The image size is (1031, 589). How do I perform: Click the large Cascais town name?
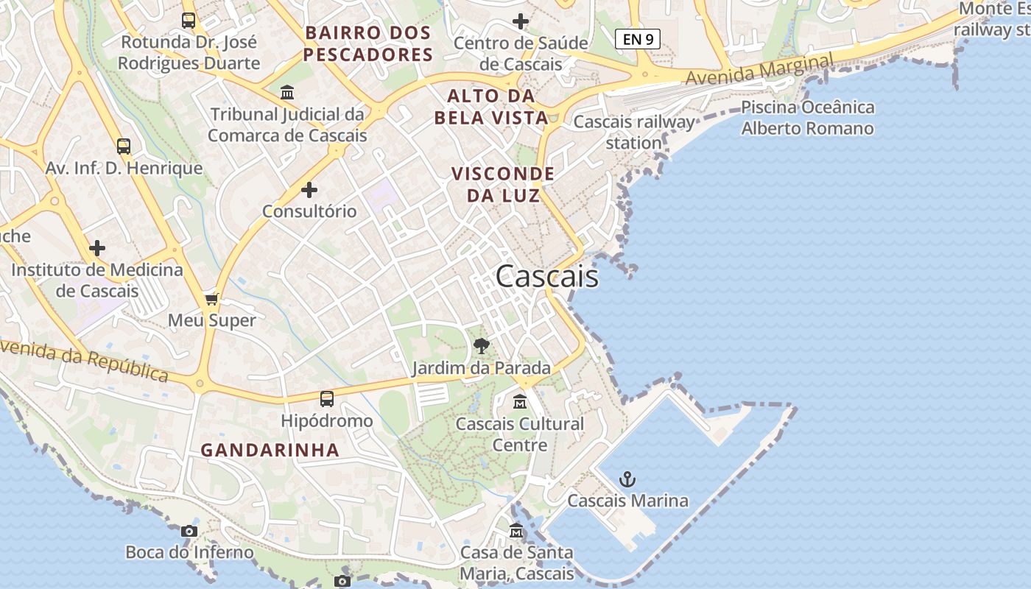546,277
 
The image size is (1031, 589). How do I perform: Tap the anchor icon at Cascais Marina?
627,480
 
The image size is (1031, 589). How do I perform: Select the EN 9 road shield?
637,39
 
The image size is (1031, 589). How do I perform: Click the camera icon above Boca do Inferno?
189,531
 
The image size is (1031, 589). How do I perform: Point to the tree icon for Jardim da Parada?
482,345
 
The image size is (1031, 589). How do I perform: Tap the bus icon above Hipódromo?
327,399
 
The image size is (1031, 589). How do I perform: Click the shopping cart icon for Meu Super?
212,299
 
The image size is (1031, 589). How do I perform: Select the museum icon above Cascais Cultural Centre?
520,402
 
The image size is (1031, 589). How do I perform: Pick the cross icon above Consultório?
309,190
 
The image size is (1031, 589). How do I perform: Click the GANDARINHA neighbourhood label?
270,450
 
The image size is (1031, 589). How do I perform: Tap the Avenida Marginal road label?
759,69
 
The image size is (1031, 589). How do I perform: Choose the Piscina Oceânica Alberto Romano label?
807,118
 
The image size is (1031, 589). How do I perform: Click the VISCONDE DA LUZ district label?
503,185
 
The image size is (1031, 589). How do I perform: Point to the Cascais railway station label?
633,132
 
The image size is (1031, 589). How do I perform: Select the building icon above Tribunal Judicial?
287,93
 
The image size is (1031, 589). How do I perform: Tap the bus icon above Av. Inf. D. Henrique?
124,147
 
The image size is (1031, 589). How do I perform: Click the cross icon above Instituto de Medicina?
97,248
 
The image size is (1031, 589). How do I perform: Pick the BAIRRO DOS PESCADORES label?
368,43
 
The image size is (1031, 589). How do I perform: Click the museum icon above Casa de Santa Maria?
516,531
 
